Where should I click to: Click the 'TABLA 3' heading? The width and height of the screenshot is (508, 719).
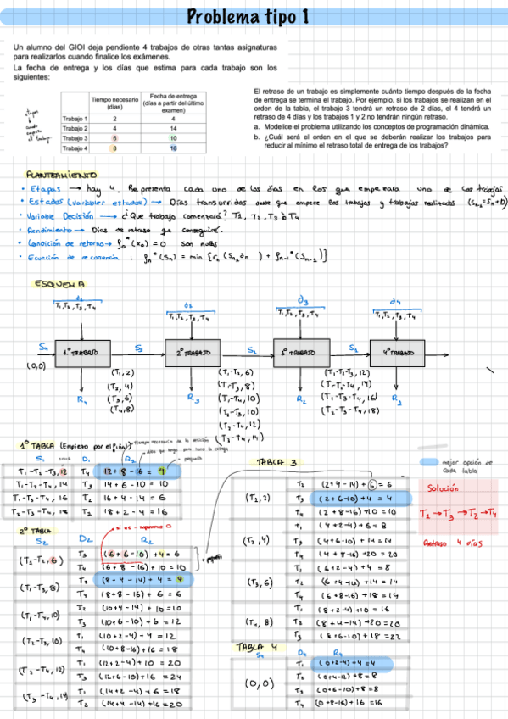(x=276, y=463)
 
